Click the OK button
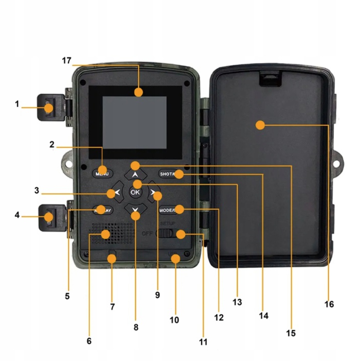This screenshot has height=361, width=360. pos(135,193)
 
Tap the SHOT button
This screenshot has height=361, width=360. pos(170,174)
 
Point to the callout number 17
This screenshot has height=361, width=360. pos(67,61)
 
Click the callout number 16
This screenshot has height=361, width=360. pos(329,304)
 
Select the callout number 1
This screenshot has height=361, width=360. pos(17,104)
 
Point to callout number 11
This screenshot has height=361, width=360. pos(203,342)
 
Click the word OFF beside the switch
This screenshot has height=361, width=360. pos(147,234)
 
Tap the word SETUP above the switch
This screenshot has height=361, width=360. pos(168,224)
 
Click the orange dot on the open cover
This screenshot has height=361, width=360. pos(260,125)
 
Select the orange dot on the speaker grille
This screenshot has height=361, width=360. pos(105,234)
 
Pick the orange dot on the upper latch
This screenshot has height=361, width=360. pos(49,108)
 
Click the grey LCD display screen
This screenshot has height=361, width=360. pos(135,123)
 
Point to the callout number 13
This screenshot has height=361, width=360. pos(237,302)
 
